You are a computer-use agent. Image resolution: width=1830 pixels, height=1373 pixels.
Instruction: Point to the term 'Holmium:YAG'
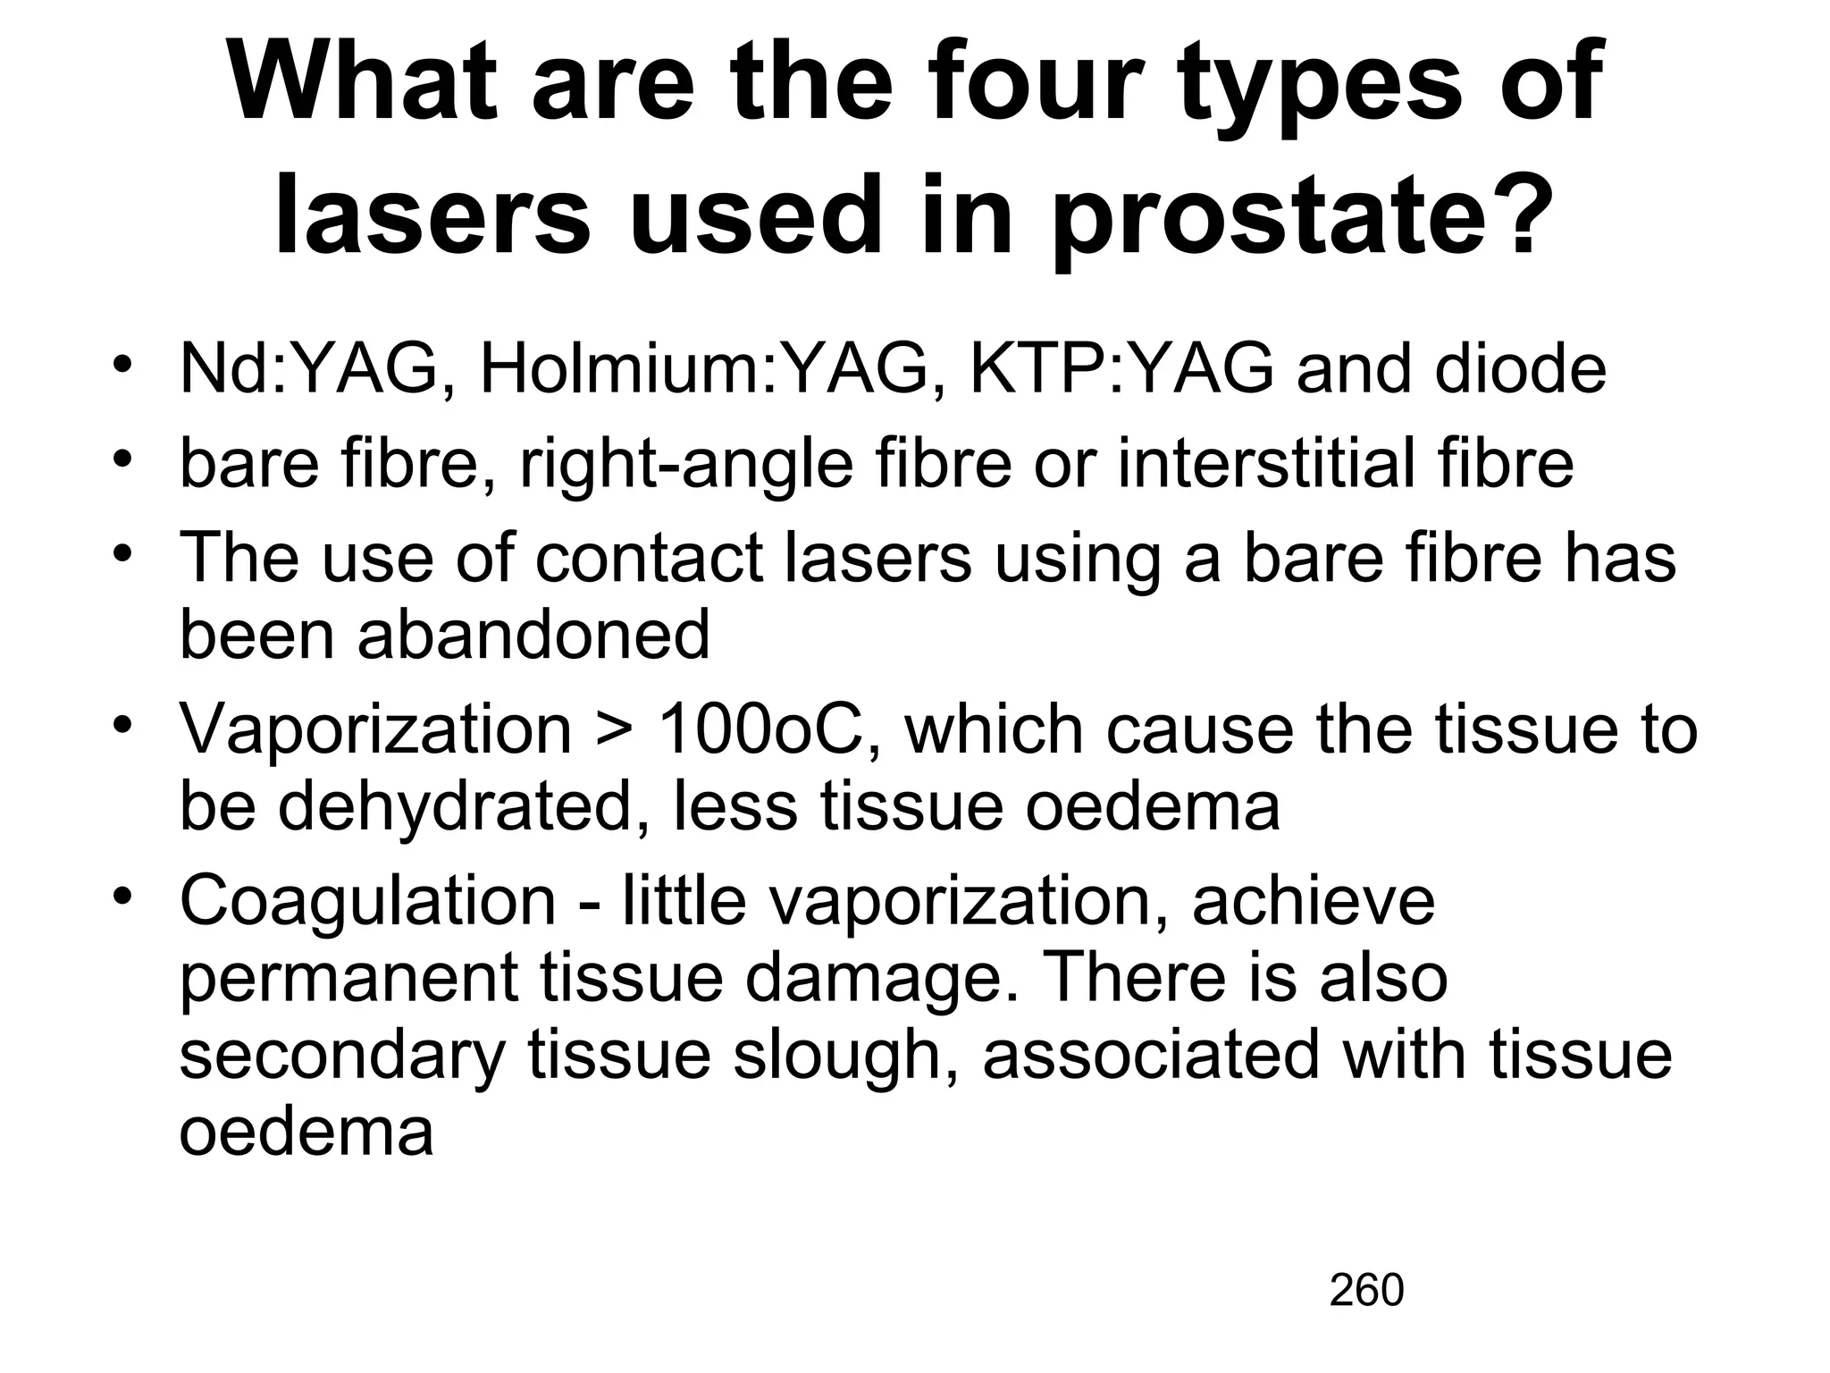pyautogui.click(x=704, y=369)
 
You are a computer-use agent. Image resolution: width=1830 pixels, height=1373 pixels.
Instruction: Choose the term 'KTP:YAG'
pyautogui.click(x=1122, y=369)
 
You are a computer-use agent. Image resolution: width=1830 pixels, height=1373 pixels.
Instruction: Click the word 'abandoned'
pyautogui.click(x=533, y=635)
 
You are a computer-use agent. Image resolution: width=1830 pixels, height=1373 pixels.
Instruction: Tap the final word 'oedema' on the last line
pyautogui.click(x=306, y=1133)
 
